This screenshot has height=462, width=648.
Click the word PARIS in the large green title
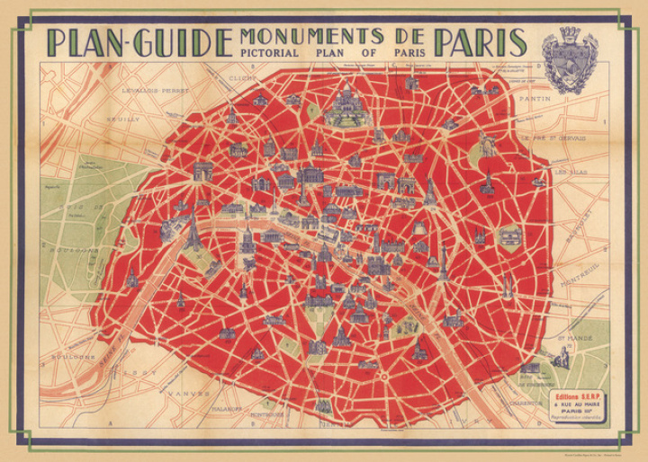click(481, 42)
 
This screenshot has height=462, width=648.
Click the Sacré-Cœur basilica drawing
click(348, 107)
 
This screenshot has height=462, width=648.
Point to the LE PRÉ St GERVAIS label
click(553, 139)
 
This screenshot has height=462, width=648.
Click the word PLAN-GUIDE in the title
click(135, 42)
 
